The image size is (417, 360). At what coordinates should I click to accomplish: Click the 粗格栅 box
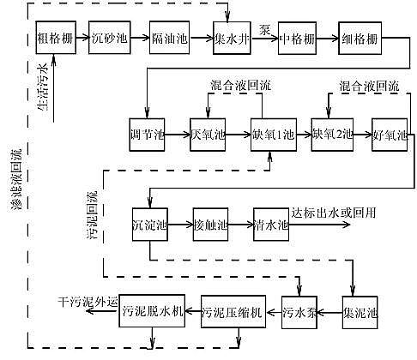[55, 39]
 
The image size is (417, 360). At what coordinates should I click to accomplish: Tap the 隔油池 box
[166, 39]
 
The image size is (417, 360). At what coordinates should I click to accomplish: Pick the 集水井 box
[230, 39]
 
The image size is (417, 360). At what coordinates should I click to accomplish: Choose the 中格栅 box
[296, 39]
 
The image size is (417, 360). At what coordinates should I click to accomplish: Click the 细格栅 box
[360, 39]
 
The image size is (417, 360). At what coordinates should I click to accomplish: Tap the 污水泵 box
[301, 311]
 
